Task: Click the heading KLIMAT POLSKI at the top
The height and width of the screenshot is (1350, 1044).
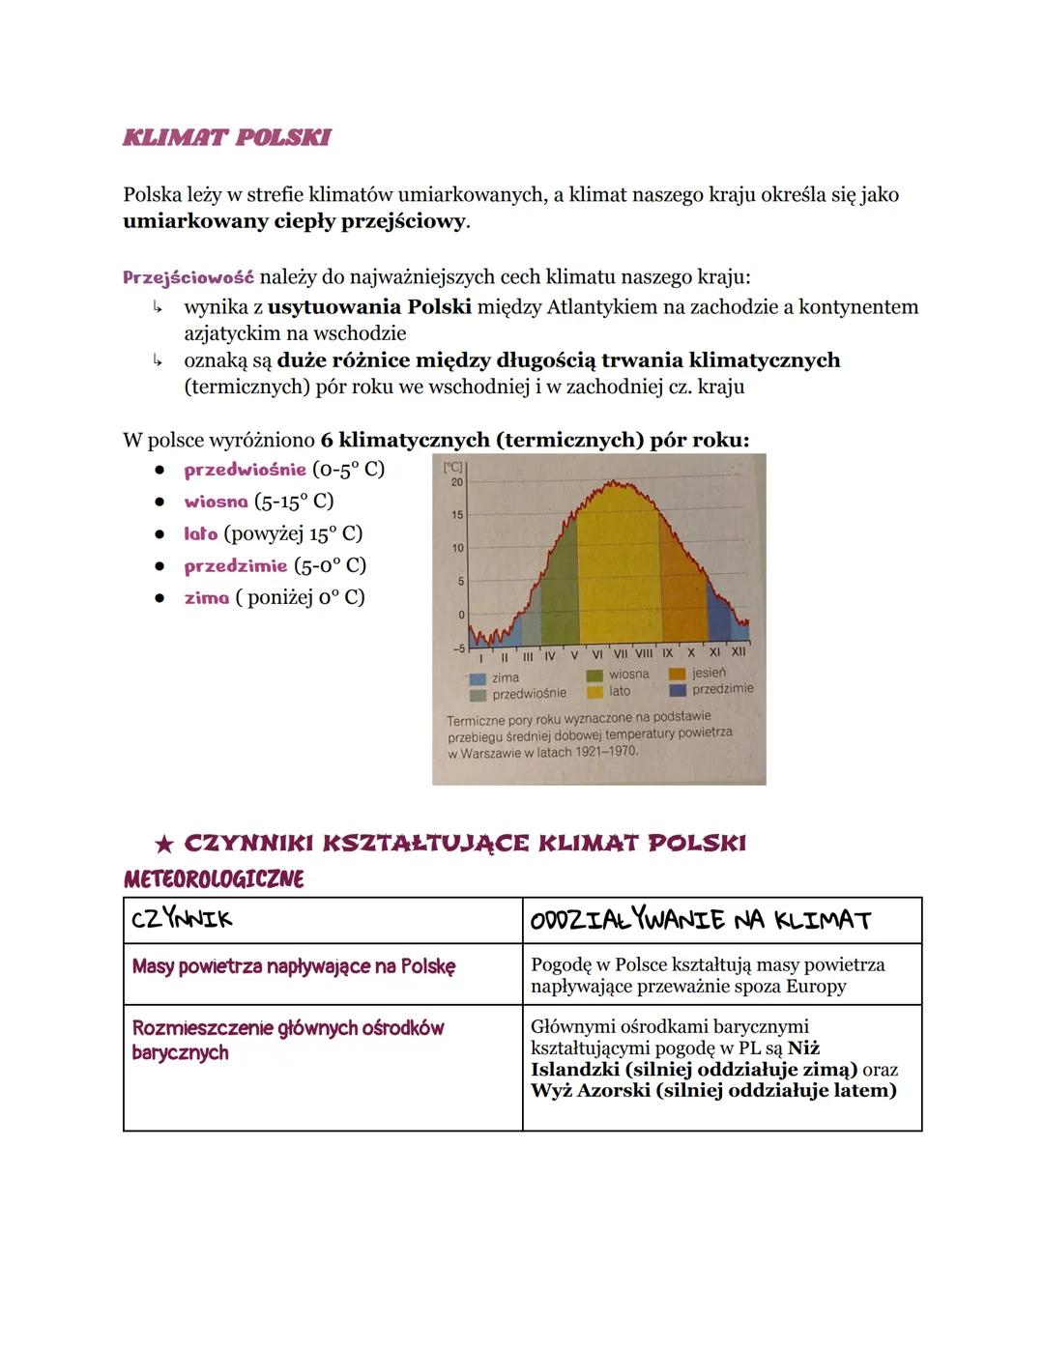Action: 227,137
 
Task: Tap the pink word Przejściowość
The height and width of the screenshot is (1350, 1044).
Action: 188,277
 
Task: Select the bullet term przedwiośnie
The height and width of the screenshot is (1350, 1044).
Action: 245,470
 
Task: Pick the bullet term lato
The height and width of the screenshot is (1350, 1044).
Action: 201,533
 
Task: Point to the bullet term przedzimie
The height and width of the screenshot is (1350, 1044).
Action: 236,565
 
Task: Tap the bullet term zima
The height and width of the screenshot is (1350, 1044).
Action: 206,597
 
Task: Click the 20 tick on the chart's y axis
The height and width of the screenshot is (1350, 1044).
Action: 457,481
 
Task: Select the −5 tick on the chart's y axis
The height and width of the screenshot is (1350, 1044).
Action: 457,648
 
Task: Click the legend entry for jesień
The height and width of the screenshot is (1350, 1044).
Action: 709,673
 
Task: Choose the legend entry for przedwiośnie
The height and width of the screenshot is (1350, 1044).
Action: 529,694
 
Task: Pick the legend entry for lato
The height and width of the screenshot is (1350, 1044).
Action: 620,691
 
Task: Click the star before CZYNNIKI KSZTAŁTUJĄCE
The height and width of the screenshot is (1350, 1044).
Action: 164,845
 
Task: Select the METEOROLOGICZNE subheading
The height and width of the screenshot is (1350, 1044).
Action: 214,879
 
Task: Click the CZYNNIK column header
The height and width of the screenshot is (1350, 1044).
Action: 182,920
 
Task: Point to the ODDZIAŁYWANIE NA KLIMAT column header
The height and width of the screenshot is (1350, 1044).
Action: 701,920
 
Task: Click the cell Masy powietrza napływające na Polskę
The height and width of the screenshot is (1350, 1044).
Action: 293,966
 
